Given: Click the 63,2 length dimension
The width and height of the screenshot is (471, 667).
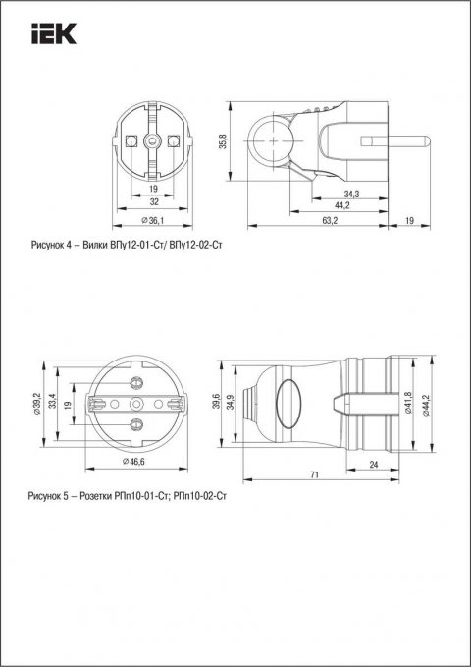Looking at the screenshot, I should pos(330,221).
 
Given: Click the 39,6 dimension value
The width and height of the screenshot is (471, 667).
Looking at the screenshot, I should pos(218,403).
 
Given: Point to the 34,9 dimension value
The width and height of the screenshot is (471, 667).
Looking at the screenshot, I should pos(232,403).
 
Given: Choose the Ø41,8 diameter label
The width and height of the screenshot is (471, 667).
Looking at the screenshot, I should pos(409,403).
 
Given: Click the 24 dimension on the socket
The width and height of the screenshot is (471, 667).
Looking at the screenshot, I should pos(376,465).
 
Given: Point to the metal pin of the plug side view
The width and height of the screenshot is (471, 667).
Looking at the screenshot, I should pos(402,138).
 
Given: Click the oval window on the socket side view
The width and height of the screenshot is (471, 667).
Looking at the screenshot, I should pos(288,402).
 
